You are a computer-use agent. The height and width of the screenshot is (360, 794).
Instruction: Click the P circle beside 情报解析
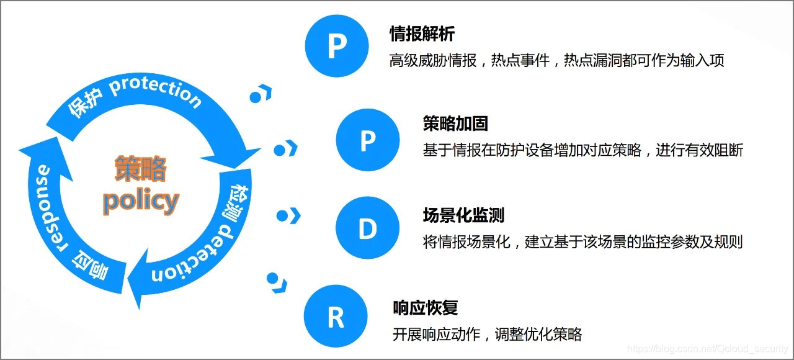coord(336,45)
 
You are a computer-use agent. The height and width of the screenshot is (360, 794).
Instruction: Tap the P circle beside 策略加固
coord(367,140)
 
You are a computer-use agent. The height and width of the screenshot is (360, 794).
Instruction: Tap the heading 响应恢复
coord(426,307)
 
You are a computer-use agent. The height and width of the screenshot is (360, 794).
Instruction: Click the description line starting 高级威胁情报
coord(556,60)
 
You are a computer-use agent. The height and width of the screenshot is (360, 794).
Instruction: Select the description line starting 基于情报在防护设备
coord(582,150)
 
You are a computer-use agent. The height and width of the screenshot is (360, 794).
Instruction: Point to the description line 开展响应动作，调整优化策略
coord(488,334)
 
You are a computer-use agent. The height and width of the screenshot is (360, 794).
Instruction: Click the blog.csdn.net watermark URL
coord(707,350)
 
